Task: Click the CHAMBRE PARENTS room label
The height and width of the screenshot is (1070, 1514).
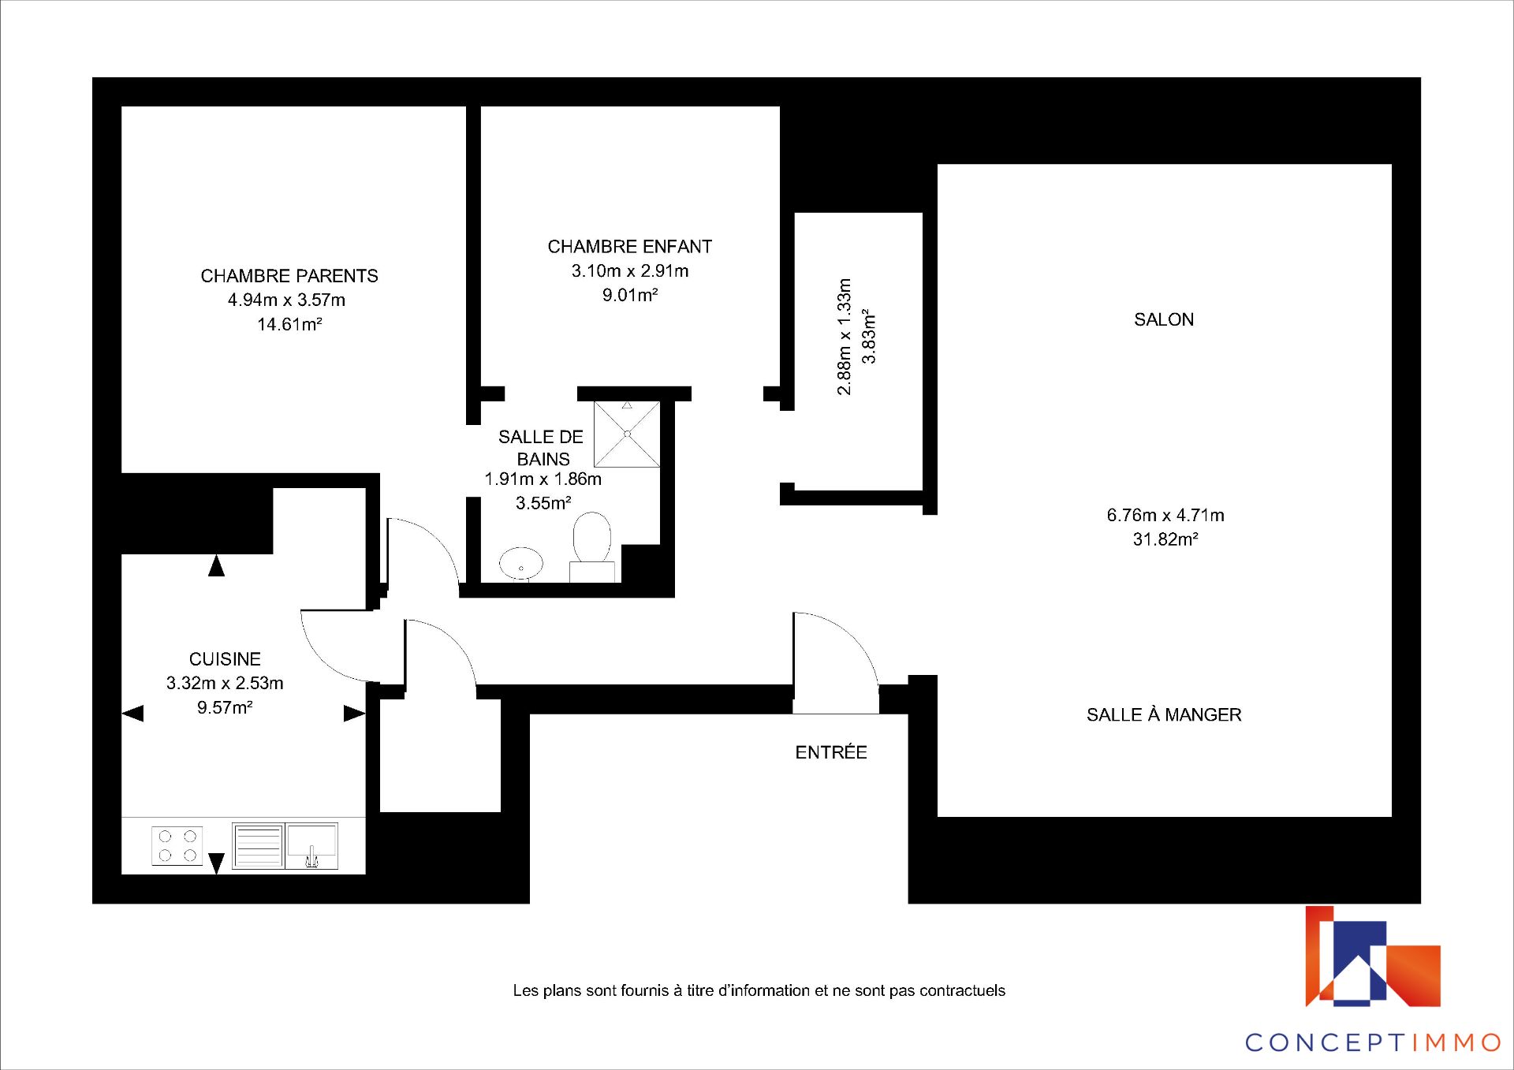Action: click(x=289, y=276)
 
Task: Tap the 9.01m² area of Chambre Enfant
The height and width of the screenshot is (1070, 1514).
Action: click(x=630, y=295)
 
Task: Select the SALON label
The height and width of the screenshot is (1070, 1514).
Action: click(x=1164, y=319)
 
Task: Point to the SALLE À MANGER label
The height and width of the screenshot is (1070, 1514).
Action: click(x=1164, y=714)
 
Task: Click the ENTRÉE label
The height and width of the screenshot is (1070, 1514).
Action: click(x=831, y=752)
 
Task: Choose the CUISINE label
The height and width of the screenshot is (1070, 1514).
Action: click(x=225, y=659)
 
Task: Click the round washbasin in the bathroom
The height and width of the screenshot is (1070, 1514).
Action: click(x=521, y=563)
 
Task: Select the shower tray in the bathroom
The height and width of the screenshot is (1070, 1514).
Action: click(x=627, y=434)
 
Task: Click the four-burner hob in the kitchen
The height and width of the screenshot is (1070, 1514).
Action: click(x=177, y=846)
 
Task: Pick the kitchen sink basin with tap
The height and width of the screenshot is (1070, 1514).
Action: click(x=311, y=846)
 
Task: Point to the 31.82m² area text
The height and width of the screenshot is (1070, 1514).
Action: click(x=1165, y=539)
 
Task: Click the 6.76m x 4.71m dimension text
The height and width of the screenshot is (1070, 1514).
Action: click(x=1165, y=516)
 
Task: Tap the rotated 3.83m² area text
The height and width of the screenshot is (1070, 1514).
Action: click(x=868, y=337)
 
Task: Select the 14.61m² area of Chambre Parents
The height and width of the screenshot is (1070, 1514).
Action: click(x=289, y=324)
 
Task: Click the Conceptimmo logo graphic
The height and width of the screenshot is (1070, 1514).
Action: click(x=1373, y=956)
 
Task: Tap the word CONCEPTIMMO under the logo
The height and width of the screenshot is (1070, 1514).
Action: click(x=1373, y=1042)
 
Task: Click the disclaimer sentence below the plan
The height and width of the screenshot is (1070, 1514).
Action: click(x=759, y=990)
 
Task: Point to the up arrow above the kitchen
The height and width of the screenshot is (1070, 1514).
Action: click(x=216, y=565)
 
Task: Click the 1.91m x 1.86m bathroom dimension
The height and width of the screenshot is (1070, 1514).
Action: click(x=543, y=479)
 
